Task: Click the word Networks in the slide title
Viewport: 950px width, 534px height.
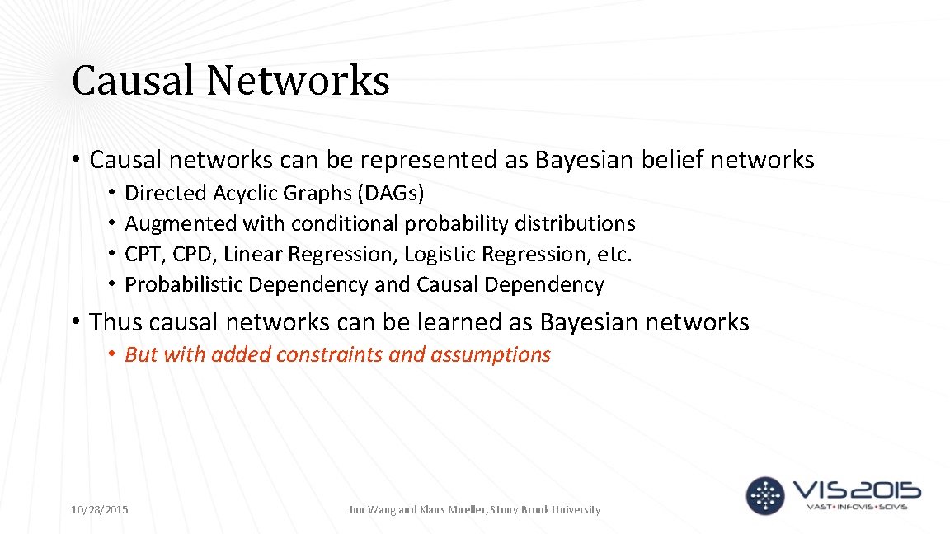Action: pyautogui.click(x=298, y=81)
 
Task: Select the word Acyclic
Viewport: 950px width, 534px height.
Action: pyautogui.click(x=247, y=193)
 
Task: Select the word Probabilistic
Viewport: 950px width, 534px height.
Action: pyautogui.click(x=184, y=284)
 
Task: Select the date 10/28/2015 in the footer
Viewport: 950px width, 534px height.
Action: pyautogui.click(x=100, y=510)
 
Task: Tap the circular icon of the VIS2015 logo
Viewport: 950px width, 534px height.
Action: pyautogui.click(x=765, y=495)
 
